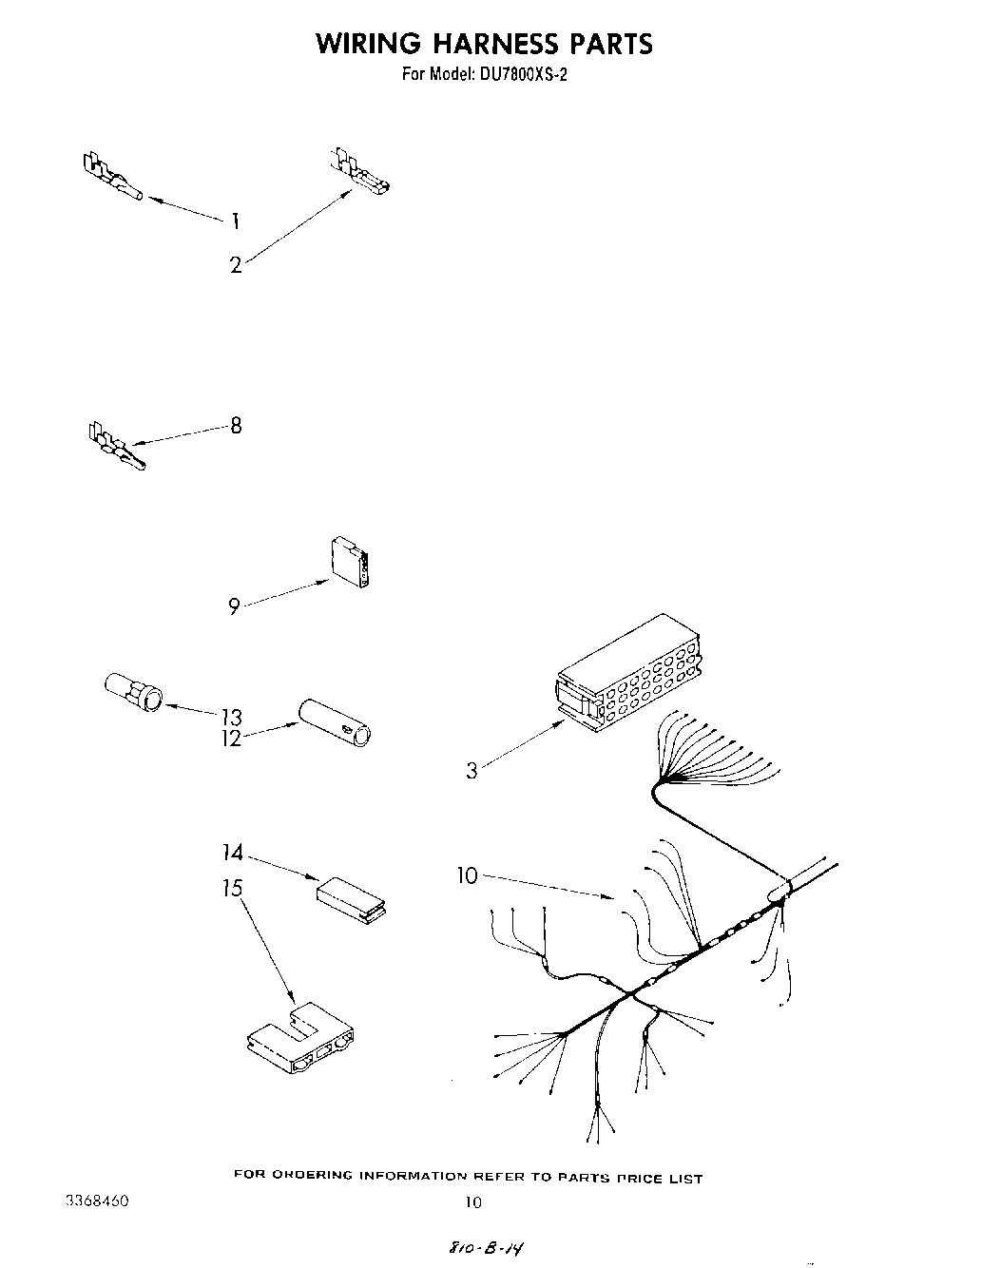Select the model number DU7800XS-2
[x=518, y=75]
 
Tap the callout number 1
[x=235, y=221]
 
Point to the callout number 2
[x=236, y=265]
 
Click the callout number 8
[x=236, y=426]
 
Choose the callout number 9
[x=234, y=605]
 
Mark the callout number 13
[x=231, y=717]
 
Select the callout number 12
[x=231, y=738]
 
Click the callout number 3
[x=472, y=770]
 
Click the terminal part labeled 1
[x=110, y=177]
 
